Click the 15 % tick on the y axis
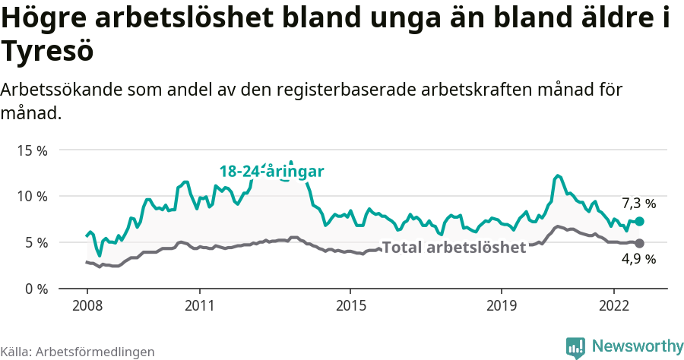(x=31, y=150)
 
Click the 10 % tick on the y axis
(x=31, y=197)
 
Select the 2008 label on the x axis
(x=87, y=305)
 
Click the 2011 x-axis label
(x=199, y=305)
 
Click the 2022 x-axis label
(x=613, y=305)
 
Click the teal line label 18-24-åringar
(x=272, y=172)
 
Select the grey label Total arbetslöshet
(x=454, y=248)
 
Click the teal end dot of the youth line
(x=640, y=221)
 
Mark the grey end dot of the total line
(x=640, y=243)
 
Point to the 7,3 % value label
(x=638, y=204)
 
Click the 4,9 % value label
(x=638, y=260)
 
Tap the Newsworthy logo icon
(x=575, y=347)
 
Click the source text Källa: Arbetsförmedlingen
(x=78, y=352)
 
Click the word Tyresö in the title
(x=47, y=52)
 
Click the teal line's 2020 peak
(x=558, y=175)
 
